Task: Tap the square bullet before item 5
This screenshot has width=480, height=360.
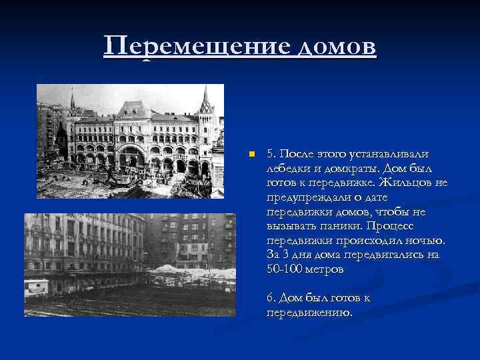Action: (x=251, y=154)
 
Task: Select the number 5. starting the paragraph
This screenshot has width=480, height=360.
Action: (x=271, y=154)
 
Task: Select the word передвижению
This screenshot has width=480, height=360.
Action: (x=309, y=311)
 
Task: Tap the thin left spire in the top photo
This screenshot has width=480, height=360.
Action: (x=72, y=101)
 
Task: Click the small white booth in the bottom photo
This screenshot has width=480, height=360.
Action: (x=36, y=286)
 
